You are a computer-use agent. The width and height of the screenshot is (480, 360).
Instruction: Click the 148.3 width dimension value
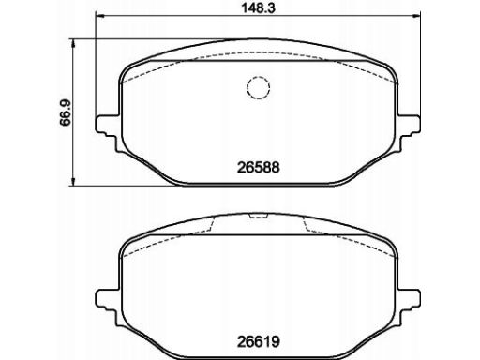[x=258, y=8]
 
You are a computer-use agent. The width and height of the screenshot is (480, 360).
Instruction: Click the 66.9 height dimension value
[x=66, y=113]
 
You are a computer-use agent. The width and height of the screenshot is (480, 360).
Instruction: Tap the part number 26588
[x=258, y=168]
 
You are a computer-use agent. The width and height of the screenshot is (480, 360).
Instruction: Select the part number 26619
[x=258, y=341]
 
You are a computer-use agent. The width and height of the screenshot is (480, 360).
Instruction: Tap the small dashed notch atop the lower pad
[x=258, y=217]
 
